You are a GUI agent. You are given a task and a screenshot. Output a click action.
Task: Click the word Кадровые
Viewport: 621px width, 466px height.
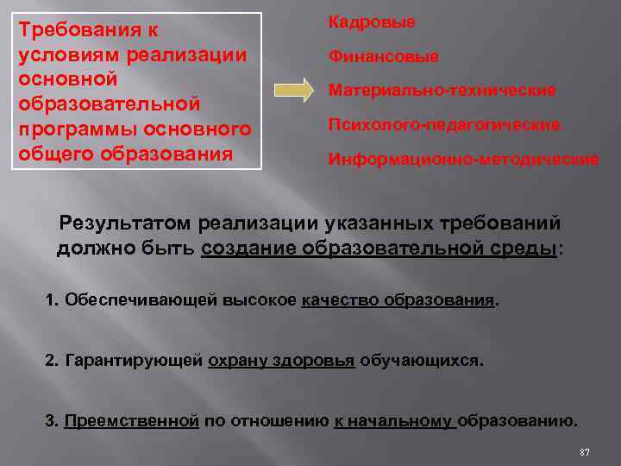coord(371,22)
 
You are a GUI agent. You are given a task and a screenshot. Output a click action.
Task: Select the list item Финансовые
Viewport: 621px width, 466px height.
coord(383,57)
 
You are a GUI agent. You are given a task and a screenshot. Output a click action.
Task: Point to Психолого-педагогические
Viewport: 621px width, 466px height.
coord(443,125)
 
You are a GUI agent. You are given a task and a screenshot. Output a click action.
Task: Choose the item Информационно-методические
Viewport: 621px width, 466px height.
coord(463,160)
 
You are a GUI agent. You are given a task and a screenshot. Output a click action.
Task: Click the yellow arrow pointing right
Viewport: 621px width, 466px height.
coord(294,90)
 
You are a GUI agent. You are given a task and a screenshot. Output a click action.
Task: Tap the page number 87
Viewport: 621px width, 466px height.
coord(585,452)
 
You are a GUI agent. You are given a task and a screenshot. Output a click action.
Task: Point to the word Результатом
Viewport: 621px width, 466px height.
coord(124,224)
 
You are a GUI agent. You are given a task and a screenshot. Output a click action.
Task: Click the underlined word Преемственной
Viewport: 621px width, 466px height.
coord(132,421)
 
